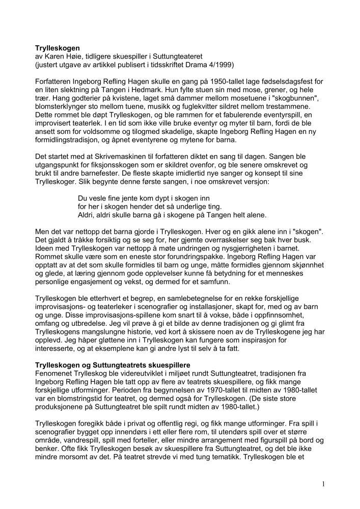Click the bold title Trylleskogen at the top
pyautogui.click(x=58, y=48)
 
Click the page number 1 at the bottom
pyautogui.click(x=323, y=484)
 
